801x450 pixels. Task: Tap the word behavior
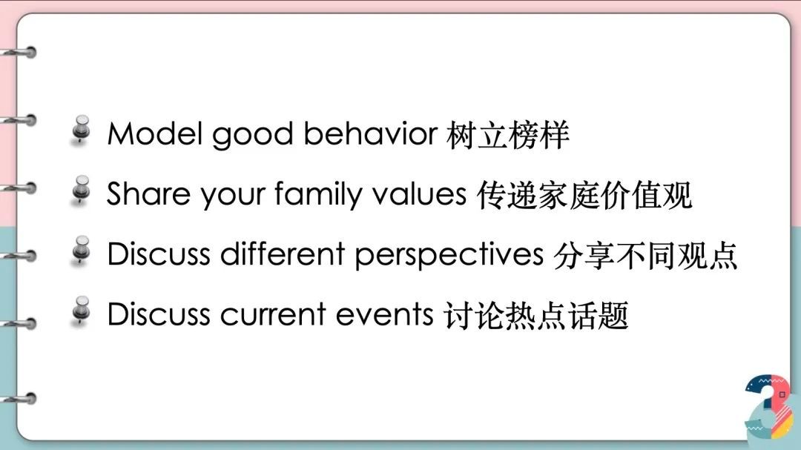[x=370, y=134]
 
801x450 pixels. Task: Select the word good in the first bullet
[x=252, y=136]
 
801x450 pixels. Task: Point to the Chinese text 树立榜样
[x=508, y=135]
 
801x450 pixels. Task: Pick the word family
[x=317, y=196]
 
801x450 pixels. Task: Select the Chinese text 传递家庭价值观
[x=584, y=195]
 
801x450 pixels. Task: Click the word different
[x=283, y=254]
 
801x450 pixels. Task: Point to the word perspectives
[x=449, y=256]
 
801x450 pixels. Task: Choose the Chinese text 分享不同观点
[x=645, y=255]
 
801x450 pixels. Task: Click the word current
[x=273, y=314]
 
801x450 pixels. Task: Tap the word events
[x=385, y=314]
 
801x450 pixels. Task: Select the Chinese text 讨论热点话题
[x=536, y=315]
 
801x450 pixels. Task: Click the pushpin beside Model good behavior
[x=81, y=130]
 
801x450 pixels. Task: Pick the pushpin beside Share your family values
[x=81, y=191]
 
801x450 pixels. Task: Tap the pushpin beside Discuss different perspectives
[x=81, y=251]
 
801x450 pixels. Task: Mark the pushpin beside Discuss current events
[x=81, y=311]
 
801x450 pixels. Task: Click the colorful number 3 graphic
[x=769, y=406]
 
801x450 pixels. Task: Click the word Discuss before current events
[x=159, y=314]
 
